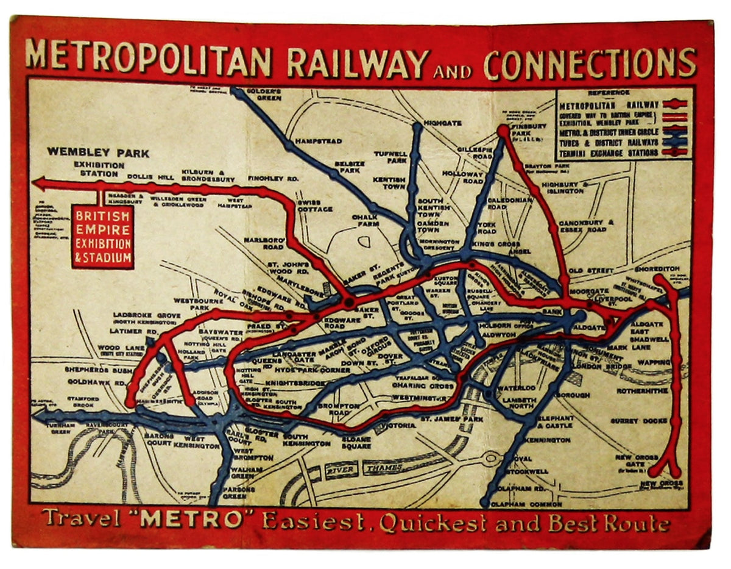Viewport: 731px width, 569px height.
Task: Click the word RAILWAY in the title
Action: [358, 62]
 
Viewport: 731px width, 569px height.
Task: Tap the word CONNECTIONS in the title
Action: [590, 63]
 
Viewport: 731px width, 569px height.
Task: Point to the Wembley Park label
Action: [98, 152]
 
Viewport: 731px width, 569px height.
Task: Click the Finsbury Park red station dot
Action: [503, 130]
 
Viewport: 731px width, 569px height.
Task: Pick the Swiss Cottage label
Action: [315, 206]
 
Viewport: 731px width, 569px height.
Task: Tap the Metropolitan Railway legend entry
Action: [609, 105]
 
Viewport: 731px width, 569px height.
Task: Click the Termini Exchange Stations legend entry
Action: [609, 152]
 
